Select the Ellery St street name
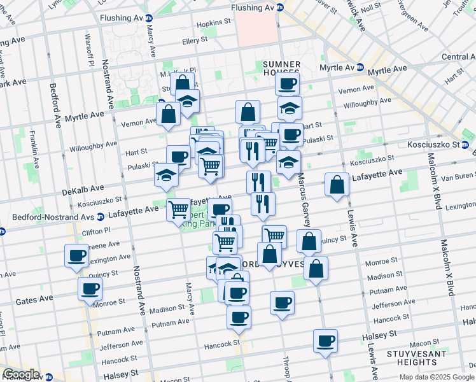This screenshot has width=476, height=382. coord(195,40)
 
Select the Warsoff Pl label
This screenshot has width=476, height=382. coord(90,55)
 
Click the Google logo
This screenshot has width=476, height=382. coord(21,374)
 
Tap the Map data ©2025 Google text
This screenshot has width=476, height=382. coord(436,376)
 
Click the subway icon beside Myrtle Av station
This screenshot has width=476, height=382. coord(360,67)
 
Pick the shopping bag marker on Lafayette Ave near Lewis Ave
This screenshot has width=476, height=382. coord(337,185)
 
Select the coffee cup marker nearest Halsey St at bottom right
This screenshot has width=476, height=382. coord(325,341)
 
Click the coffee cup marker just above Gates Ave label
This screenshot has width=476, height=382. coord(90,288)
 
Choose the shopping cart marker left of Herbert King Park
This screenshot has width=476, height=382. coord(179,209)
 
